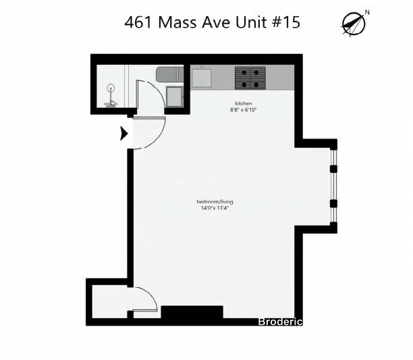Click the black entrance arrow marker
point(124,133)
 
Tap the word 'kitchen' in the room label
point(244,103)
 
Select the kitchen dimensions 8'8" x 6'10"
point(244,110)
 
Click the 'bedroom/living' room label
point(215,201)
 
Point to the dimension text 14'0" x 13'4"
point(215,208)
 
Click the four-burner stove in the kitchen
point(250,78)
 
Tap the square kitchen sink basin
point(202,78)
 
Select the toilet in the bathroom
point(170,74)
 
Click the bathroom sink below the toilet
point(174,97)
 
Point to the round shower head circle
point(111,87)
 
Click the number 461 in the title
point(138,22)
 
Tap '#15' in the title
point(285,22)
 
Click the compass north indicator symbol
point(354,24)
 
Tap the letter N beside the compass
point(367,12)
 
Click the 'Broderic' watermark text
point(280,322)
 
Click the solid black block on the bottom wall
point(192,312)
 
